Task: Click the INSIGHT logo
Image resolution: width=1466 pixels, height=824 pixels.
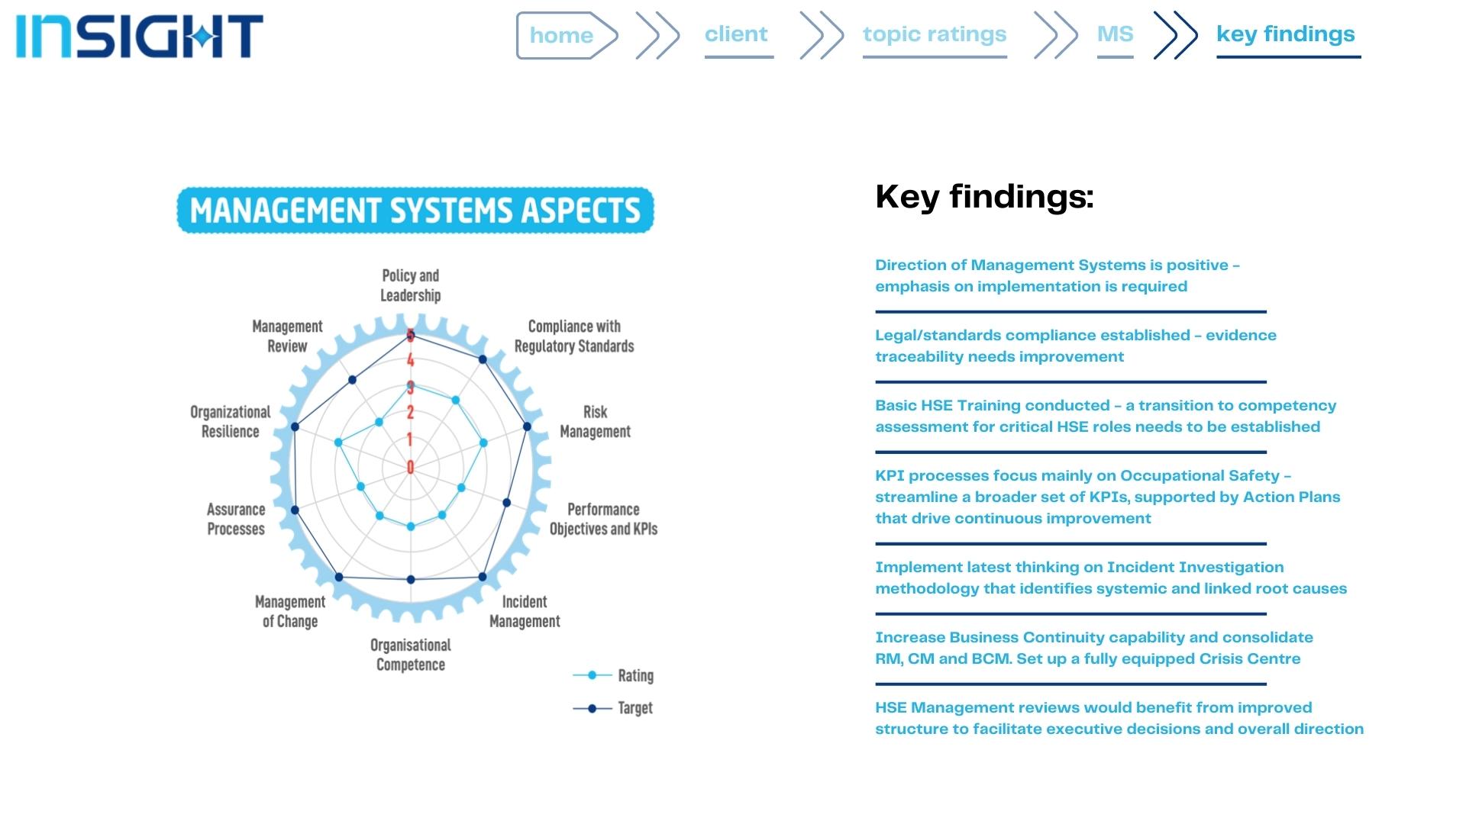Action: pyautogui.click(x=139, y=36)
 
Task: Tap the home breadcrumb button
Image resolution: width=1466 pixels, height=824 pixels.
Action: pyautogui.click(x=563, y=35)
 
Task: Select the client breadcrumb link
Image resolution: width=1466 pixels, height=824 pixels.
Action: pyautogui.click(x=736, y=34)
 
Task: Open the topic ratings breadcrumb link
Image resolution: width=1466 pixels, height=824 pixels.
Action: pyautogui.click(x=934, y=34)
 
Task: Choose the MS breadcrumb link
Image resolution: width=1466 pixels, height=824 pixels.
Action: pyautogui.click(x=1115, y=34)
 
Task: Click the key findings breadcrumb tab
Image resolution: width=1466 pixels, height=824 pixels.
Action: pyautogui.click(x=1286, y=34)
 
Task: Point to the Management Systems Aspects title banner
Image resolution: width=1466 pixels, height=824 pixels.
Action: pyautogui.click(x=415, y=210)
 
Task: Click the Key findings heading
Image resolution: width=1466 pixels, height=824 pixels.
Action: pyautogui.click(x=984, y=197)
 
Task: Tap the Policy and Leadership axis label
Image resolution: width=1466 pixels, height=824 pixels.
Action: pyautogui.click(x=411, y=285)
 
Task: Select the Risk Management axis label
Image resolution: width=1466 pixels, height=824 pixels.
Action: pyautogui.click(x=596, y=422)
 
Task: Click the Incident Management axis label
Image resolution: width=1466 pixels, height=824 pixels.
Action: pyautogui.click(x=525, y=611)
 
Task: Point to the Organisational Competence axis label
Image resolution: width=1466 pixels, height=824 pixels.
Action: pyautogui.click(x=411, y=655)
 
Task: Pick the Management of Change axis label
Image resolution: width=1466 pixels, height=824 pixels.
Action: pyautogui.click(x=290, y=611)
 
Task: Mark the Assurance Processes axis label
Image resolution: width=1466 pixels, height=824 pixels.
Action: pyautogui.click(x=236, y=519)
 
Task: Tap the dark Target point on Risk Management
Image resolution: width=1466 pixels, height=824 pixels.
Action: pyautogui.click(x=527, y=426)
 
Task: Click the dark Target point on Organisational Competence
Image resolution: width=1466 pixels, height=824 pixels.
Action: pyautogui.click(x=411, y=579)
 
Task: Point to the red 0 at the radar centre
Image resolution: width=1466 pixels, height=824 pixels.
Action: pyautogui.click(x=411, y=467)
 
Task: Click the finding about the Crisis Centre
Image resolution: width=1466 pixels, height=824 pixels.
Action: pyautogui.click(x=1093, y=648)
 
